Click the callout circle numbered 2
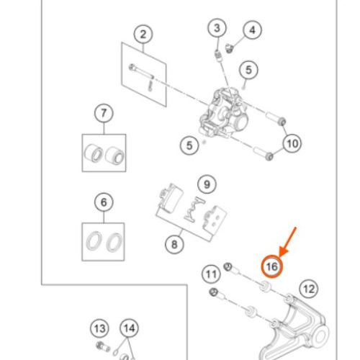(x=143, y=35)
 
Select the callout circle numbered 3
(x=217, y=28)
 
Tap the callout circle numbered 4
(x=252, y=30)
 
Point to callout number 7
(x=104, y=113)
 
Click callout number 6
(x=104, y=202)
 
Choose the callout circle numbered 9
(x=207, y=184)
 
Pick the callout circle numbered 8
(x=174, y=245)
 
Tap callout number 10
(x=292, y=143)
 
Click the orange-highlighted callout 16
(x=272, y=266)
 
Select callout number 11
(x=211, y=274)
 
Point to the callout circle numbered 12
(x=309, y=289)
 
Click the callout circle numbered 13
(x=99, y=328)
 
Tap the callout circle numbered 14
(x=130, y=328)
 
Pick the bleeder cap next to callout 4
(x=229, y=48)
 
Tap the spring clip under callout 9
(x=194, y=209)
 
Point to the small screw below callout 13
(x=103, y=346)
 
